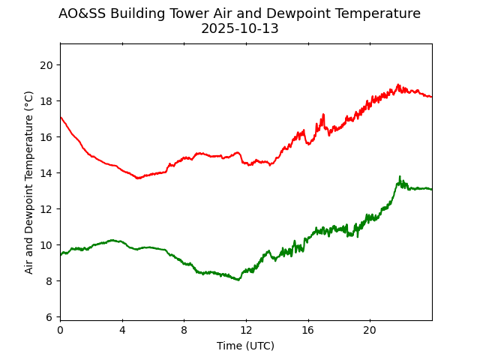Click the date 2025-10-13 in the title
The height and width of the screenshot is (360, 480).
click(239, 29)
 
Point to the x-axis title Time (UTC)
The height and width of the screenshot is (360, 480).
click(245, 346)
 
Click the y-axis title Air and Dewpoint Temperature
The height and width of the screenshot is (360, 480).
click(29, 182)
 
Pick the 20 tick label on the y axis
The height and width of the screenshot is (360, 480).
click(47, 65)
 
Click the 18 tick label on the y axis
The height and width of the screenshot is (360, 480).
click(47, 101)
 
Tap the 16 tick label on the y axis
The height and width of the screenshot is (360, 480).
click(47, 137)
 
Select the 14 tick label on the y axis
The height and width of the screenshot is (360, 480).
click(47, 173)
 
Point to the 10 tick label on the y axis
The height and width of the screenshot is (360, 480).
click(47, 245)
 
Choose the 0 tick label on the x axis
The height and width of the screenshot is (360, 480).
click(61, 330)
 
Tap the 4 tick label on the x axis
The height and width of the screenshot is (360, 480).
click(122, 330)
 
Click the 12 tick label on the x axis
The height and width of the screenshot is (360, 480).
click(246, 330)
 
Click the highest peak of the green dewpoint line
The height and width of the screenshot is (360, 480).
click(400, 177)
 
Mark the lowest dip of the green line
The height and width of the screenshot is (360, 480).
click(238, 280)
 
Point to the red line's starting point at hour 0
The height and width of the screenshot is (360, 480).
click(61, 117)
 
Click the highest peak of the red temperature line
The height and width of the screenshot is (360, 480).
click(398, 85)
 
